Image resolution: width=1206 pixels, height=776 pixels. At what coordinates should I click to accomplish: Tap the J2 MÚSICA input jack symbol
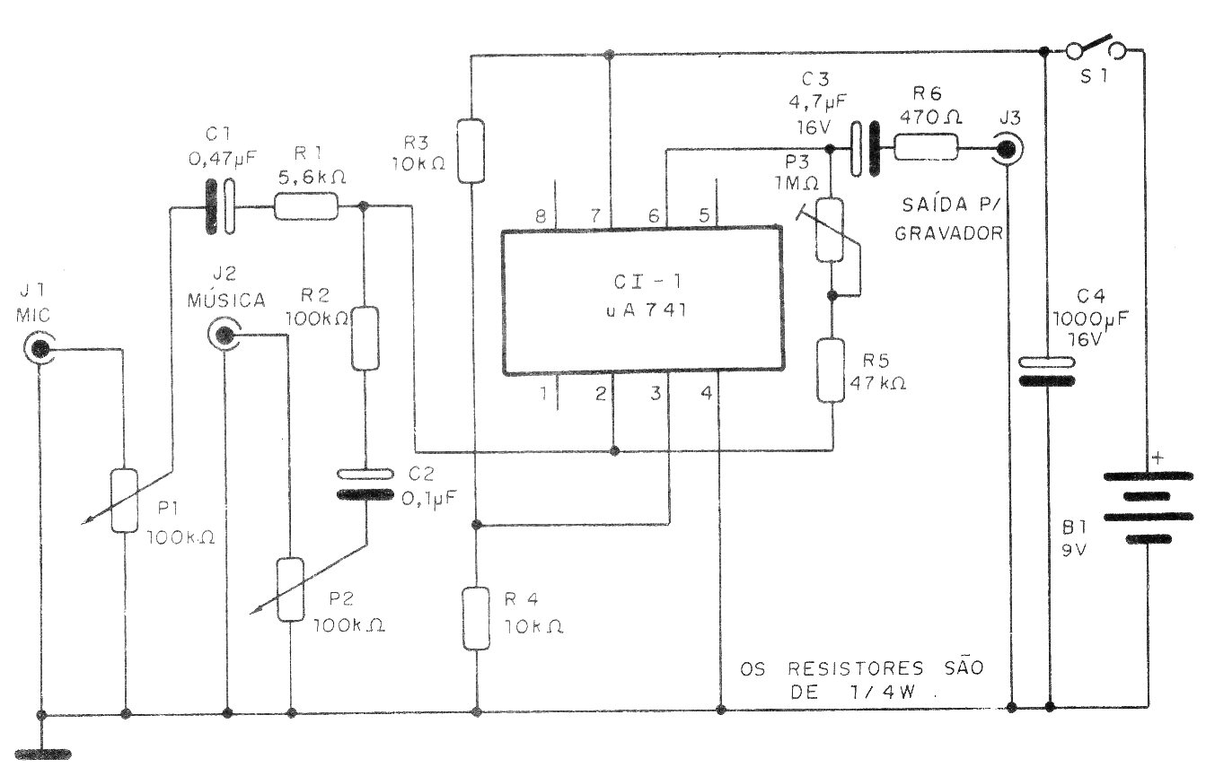(224, 335)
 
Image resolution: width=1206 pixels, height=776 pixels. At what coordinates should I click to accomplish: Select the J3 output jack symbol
(1007, 149)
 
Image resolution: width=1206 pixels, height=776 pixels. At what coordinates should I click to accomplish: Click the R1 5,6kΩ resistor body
(306, 206)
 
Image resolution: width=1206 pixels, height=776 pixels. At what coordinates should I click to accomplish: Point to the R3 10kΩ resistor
(471, 151)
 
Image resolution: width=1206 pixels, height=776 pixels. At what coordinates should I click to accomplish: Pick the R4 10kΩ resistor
(476, 618)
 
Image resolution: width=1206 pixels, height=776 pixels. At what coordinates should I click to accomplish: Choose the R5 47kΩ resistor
(831, 371)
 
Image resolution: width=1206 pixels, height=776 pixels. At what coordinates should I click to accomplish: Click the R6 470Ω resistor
(927, 147)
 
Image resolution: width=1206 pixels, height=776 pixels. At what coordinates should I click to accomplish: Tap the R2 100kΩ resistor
(365, 338)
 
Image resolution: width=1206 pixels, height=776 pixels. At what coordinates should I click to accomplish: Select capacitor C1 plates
(221, 207)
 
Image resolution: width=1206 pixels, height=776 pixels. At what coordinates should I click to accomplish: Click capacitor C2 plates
(365, 484)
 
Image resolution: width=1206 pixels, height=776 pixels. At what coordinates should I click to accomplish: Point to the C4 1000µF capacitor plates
(1047, 372)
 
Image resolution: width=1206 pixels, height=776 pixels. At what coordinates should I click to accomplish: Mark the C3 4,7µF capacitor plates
(865, 149)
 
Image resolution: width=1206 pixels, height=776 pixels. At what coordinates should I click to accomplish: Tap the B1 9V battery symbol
(1148, 508)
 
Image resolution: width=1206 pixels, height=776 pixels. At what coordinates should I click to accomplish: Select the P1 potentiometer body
(124, 501)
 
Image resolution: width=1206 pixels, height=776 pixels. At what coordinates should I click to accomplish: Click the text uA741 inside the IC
(646, 310)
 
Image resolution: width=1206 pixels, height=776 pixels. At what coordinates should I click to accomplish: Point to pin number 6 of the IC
(654, 216)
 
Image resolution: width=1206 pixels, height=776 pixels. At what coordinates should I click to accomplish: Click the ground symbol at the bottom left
(43, 754)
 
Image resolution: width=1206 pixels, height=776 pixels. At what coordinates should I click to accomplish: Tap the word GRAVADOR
(949, 233)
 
